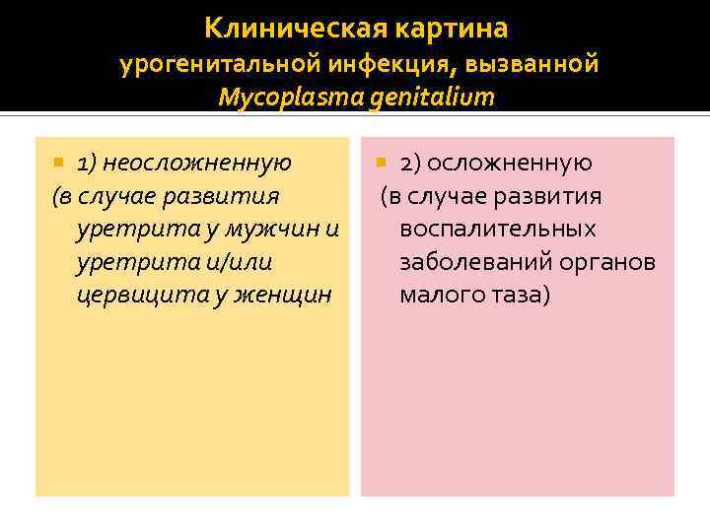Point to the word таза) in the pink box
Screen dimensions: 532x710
coord(520,294)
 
